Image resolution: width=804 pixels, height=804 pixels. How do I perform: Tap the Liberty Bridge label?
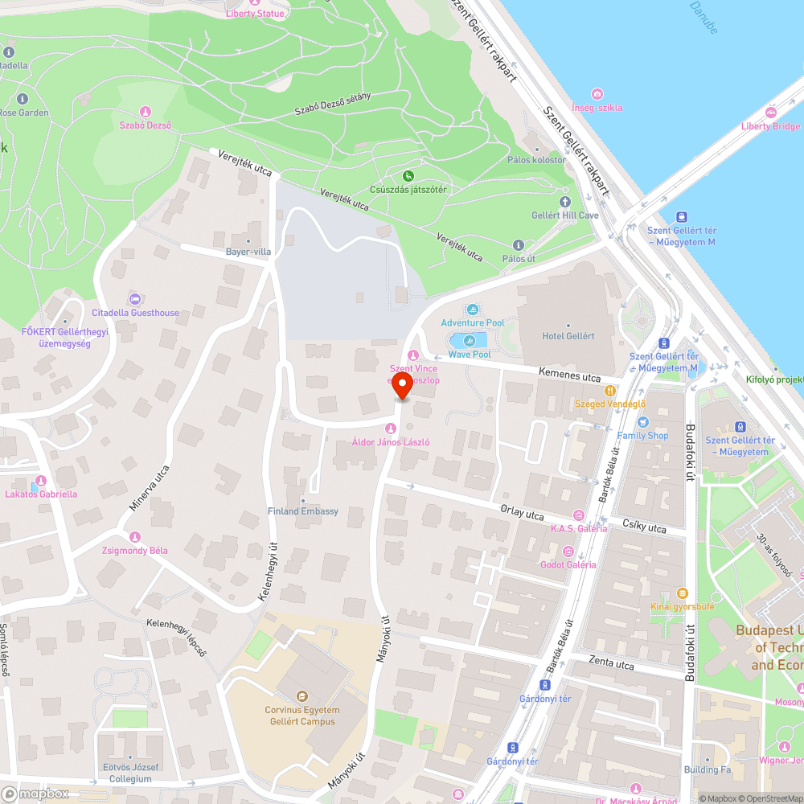pyautogui.click(x=770, y=126)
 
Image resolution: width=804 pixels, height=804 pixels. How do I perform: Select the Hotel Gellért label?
pyautogui.click(x=568, y=336)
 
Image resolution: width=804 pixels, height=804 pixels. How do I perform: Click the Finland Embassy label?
pyautogui.click(x=303, y=511)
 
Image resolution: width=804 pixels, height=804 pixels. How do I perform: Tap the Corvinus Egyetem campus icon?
pyautogui.click(x=302, y=695)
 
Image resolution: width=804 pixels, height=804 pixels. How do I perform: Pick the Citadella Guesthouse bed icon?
pyautogui.click(x=134, y=298)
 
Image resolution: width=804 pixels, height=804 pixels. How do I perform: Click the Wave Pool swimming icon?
pyautogui.click(x=469, y=340)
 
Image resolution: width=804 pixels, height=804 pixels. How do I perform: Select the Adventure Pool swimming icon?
pyautogui.click(x=473, y=309)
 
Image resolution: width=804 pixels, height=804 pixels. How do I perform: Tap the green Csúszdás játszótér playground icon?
pyautogui.click(x=408, y=175)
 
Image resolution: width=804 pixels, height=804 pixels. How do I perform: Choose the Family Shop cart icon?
pyautogui.click(x=642, y=422)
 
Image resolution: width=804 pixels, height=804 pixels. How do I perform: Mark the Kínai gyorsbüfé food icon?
pyautogui.click(x=681, y=593)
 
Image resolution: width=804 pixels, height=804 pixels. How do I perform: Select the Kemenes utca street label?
pyautogui.click(x=568, y=374)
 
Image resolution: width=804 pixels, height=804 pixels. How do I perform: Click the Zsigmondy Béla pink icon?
pyautogui.click(x=134, y=536)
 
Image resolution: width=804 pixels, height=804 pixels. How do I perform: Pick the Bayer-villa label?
pyautogui.click(x=248, y=252)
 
